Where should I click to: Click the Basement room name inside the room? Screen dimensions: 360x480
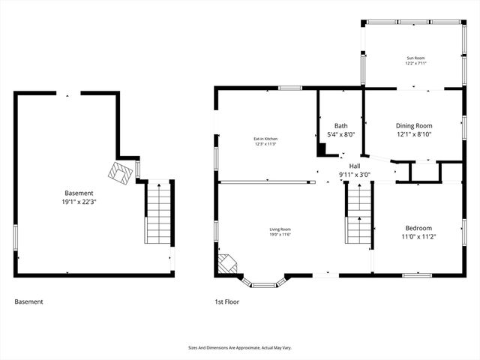click(79, 193)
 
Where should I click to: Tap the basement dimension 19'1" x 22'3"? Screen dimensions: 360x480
click(79, 202)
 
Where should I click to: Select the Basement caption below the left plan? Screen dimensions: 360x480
click(28, 301)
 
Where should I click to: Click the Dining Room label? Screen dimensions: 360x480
click(414, 125)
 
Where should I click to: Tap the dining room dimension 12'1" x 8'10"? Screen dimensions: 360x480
click(414, 135)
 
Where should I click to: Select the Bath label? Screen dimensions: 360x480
click(340, 125)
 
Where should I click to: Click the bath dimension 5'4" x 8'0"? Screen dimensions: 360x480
click(340, 135)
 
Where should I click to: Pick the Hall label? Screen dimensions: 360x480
click(355, 166)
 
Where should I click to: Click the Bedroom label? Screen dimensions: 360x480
click(418, 228)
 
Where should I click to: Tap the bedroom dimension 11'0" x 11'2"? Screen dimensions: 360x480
click(418, 237)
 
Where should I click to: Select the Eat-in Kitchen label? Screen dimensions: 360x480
click(265, 139)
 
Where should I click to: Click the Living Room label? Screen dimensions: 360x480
click(280, 229)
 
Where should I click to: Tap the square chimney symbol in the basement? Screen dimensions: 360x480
click(120, 174)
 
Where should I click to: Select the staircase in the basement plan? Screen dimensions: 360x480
click(157, 213)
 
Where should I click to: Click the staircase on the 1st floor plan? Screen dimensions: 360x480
click(359, 214)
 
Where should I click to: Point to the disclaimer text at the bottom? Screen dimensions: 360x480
click(239, 348)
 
